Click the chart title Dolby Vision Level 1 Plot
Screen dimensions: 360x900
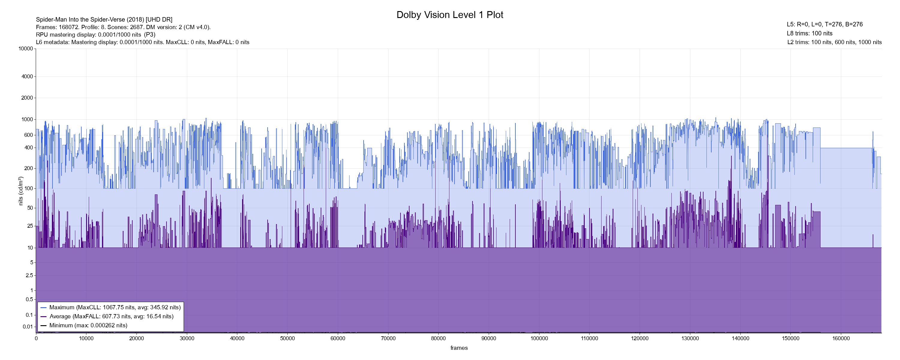[450, 15]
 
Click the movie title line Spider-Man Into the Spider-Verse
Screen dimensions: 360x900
[104, 19]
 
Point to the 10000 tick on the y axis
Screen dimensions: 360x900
[26, 49]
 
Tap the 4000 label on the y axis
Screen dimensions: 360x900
[27, 76]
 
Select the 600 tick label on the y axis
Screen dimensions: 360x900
[28, 135]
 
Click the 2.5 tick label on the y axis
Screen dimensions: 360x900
[29, 275]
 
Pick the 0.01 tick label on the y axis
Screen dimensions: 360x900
[28, 327]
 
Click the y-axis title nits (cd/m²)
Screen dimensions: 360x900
[21, 191]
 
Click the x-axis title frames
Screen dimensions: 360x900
[459, 348]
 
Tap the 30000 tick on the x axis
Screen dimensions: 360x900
[187, 338]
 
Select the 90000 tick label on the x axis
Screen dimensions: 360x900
[489, 338]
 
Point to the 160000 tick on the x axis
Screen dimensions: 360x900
[841, 338]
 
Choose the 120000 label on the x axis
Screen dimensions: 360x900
[640, 338]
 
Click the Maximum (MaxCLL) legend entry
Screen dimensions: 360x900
[115, 307]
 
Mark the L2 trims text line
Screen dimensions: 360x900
[834, 42]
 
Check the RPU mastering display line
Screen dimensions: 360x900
[96, 34]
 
